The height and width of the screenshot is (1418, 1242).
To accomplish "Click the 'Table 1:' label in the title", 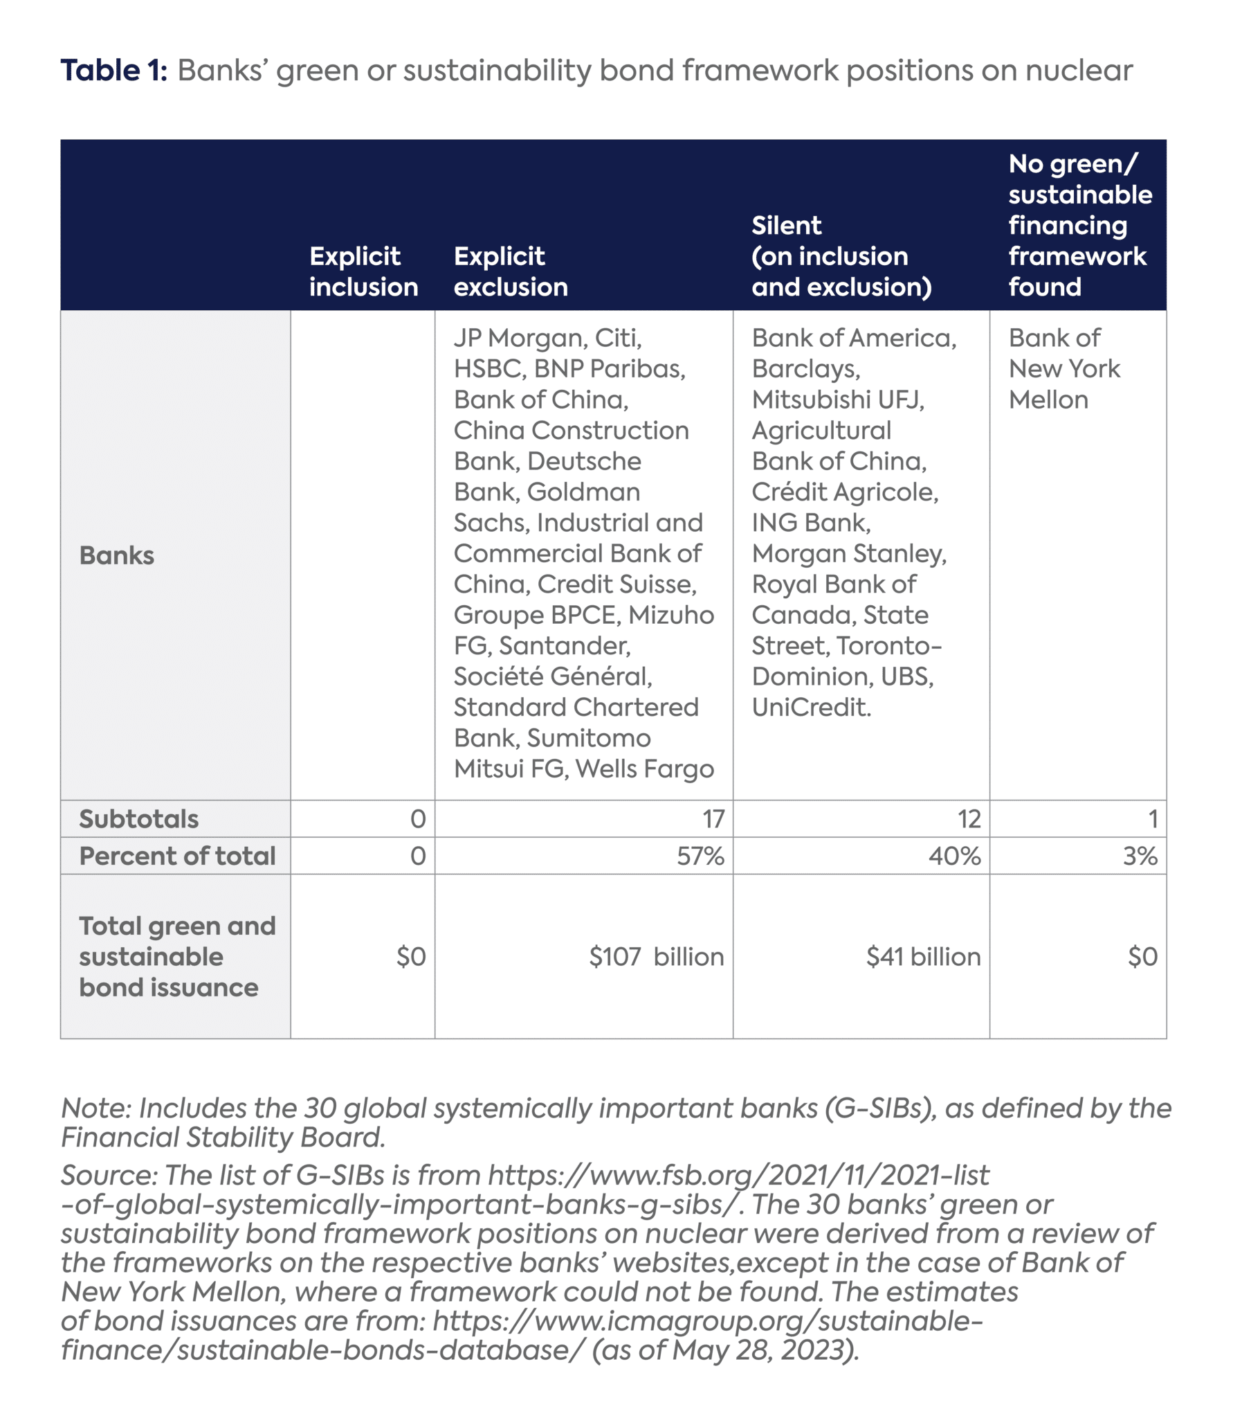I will click(113, 71).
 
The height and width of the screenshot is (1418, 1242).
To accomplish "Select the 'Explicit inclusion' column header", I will click(363, 271).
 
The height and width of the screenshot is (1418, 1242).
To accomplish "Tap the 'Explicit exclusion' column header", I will click(510, 271).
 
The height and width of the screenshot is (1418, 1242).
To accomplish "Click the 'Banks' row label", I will click(116, 555).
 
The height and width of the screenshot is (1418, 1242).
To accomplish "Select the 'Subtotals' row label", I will click(138, 819).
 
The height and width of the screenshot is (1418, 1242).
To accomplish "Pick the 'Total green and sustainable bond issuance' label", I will click(176, 956).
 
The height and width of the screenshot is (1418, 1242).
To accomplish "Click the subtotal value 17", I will click(713, 819).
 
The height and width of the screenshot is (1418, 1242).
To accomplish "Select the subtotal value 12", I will click(969, 819).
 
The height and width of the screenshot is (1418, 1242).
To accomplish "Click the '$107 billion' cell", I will click(656, 957).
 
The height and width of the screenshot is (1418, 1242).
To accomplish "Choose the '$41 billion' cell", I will click(923, 957).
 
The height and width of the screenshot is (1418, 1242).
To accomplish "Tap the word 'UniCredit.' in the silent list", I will click(811, 707).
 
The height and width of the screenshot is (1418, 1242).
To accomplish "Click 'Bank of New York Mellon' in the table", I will click(1063, 369).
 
